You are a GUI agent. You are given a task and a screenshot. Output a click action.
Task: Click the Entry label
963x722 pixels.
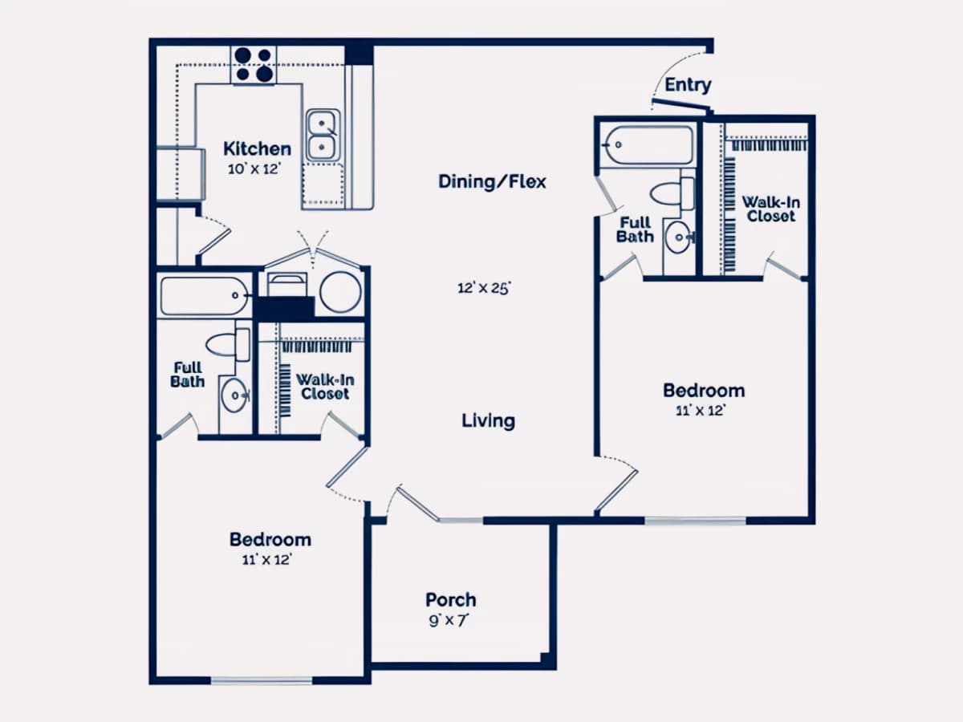click(x=688, y=84)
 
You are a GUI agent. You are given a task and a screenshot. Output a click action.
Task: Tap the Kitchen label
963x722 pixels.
click(x=257, y=148)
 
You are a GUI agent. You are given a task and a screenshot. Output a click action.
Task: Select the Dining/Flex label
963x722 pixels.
click(x=492, y=181)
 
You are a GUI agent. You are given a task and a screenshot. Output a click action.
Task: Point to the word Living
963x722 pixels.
click(x=488, y=421)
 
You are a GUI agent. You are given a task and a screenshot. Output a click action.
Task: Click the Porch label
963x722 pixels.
click(x=450, y=600)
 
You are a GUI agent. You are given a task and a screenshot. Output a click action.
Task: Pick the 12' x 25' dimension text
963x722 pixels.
click(x=484, y=288)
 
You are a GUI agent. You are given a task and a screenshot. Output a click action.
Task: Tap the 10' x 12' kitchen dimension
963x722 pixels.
click(x=254, y=168)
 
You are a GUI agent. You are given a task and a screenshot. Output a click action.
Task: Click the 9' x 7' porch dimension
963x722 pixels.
click(x=449, y=621)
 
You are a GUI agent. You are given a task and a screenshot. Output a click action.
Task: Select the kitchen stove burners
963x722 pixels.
click(x=254, y=64)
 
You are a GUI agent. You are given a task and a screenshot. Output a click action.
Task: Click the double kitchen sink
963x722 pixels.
click(x=323, y=136)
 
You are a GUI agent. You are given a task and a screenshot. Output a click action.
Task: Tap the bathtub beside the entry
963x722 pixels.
click(x=648, y=144)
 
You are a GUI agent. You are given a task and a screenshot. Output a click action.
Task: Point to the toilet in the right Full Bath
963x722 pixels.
click(x=672, y=194)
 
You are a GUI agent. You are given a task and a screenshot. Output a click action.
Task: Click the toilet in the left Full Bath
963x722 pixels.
click(x=228, y=345)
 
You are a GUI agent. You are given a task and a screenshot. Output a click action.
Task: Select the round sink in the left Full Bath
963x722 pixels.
click(x=235, y=395)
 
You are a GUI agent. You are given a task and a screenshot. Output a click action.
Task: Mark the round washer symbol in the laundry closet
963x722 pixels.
click(x=340, y=292)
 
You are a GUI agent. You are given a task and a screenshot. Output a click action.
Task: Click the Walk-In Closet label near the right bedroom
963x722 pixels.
click(x=771, y=209)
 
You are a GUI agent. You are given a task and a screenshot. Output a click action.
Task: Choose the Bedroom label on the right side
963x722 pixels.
click(x=704, y=391)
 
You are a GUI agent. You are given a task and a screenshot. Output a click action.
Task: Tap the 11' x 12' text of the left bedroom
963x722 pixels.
click(x=267, y=560)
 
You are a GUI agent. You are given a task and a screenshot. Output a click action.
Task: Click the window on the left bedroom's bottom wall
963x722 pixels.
click(x=262, y=681)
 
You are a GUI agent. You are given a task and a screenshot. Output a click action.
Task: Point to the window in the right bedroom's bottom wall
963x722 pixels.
click(x=695, y=521)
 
